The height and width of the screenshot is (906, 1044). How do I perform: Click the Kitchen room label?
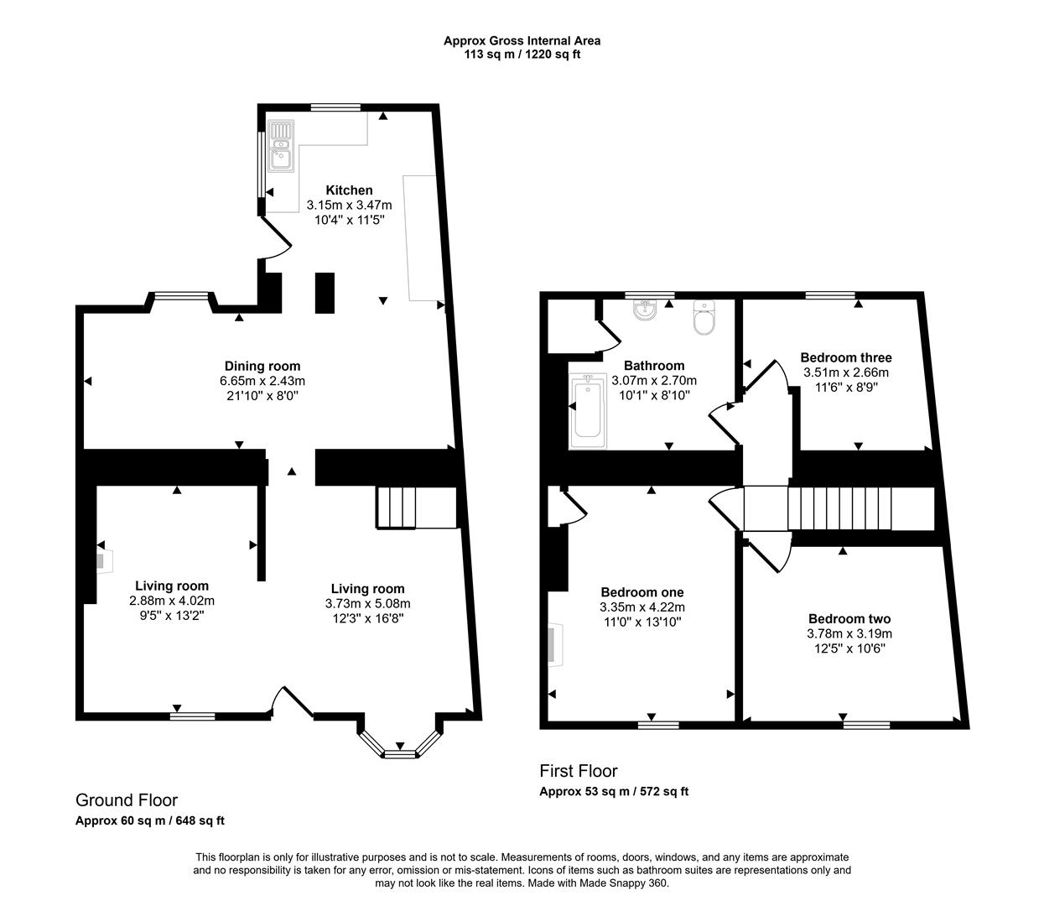pyautogui.click(x=349, y=190)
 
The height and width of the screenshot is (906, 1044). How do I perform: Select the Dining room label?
pyautogui.click(x=262, y=366)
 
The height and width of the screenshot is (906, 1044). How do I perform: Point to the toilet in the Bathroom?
pyautogui.click(x=704, y=319)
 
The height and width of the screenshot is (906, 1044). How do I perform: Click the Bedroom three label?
pyautogui.click(x=845, y=357)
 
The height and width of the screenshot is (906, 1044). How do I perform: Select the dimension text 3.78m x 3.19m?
pyautogui.click(x=849, y=633)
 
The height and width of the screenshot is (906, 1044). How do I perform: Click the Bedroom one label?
pyautogui.click(x=641, y=592)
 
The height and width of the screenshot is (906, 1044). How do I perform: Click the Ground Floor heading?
pyautogui.click(x=127, y=800)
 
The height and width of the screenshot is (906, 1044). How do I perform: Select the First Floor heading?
pyautogui.click(x=578, y=771)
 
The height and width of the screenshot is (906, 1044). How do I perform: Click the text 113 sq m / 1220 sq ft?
pyautogui.click(x=522, y=55)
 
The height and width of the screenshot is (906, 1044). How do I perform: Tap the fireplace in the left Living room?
pyautogui.click(x=103, y=560)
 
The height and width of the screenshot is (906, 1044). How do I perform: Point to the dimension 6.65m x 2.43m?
pyautogui.click(x=262, y=380)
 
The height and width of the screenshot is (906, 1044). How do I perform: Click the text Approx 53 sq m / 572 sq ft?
pyautogui.click(x=613, y=791)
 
